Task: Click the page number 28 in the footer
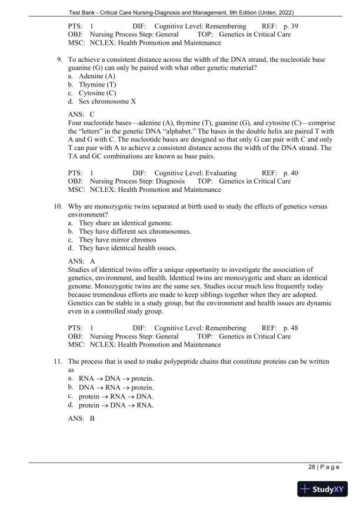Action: coord(312,467)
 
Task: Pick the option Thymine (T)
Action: coord(97,85)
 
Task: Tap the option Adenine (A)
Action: coord(97,76)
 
